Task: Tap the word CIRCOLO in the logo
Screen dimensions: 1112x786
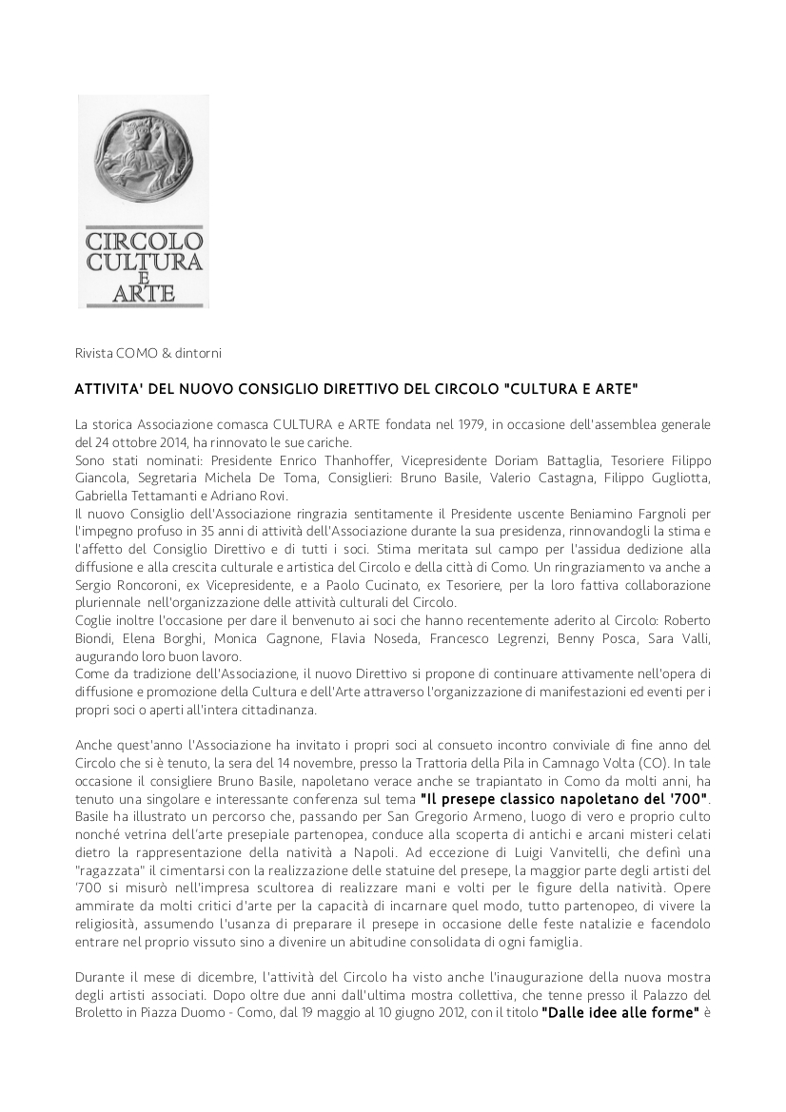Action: [144, 241]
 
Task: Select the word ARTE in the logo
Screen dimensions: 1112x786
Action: [144, 292]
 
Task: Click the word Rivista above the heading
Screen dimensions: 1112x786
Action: [94, 354]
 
